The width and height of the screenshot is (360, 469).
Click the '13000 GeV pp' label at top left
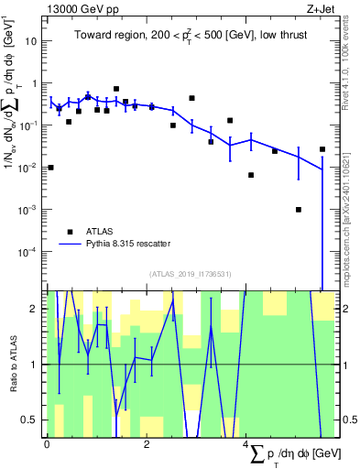pos(78,10)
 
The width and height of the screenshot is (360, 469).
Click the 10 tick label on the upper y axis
pos(30,41)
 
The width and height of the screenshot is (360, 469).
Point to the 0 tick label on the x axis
pos(47,443)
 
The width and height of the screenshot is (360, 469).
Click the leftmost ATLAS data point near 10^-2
pos(50,168)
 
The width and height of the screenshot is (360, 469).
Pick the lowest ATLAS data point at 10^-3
pos(299,209)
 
